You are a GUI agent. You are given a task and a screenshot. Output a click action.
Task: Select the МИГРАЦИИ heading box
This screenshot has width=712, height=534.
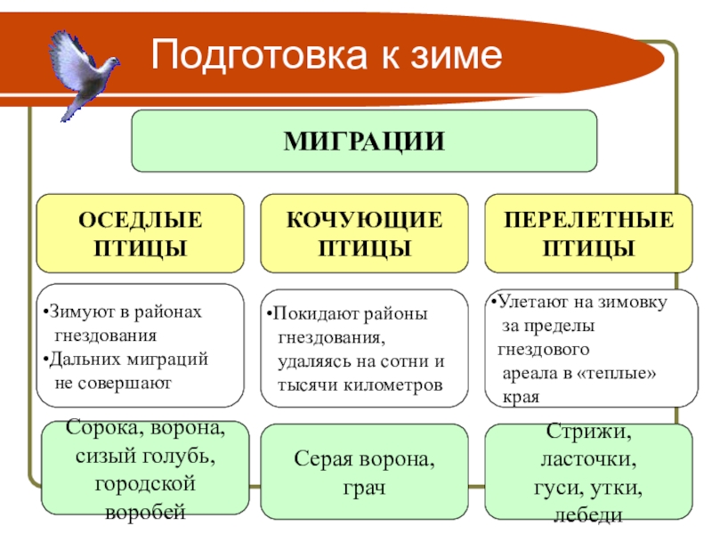pyautogui.click(x=364, y=141)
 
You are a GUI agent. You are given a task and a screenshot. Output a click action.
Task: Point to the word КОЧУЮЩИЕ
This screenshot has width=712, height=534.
pyautogui.click(x=364, y=220)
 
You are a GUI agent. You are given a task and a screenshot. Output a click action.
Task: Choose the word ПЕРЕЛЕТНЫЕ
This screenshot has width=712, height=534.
pyautogui.click(x=588, y=220)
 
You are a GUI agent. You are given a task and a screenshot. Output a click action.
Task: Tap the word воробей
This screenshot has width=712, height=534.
pyautogui.click(x=145, y=513)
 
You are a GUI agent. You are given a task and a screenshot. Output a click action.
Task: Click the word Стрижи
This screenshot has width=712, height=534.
pyautogui.click(x=588, y=434)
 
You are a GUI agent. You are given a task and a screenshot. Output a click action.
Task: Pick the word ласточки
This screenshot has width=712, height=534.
pyautogui.click(x=588, y=461)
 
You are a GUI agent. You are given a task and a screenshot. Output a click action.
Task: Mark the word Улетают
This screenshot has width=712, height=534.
pyautogui.click(x=531, y=302)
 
